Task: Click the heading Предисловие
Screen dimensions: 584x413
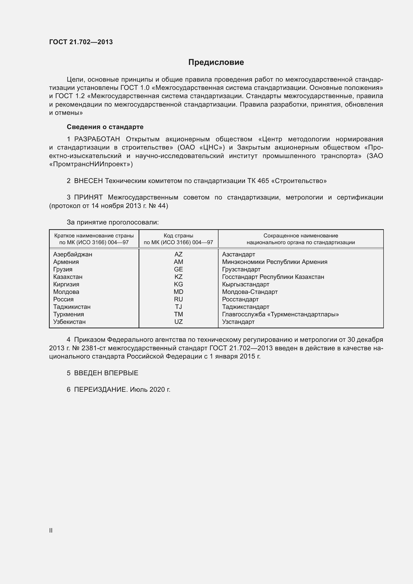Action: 216,62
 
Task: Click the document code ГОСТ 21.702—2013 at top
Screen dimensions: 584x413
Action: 81,42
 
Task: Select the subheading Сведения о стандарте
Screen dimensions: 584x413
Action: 105,127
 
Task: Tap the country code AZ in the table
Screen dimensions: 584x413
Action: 178,254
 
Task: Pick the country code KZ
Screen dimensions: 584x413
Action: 178,277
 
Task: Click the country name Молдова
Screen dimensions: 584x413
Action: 66,292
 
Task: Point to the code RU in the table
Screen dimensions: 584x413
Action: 178,299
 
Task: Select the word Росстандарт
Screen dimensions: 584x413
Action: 240,299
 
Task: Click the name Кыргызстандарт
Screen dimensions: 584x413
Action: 245,284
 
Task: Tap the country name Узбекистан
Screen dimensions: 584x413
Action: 69,322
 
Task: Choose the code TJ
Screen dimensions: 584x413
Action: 178,307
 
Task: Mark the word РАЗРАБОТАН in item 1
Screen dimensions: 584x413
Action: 97,139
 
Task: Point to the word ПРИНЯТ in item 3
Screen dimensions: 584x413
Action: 88,197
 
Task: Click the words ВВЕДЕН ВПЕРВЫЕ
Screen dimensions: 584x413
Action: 106,373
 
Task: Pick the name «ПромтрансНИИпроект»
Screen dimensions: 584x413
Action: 91,164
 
